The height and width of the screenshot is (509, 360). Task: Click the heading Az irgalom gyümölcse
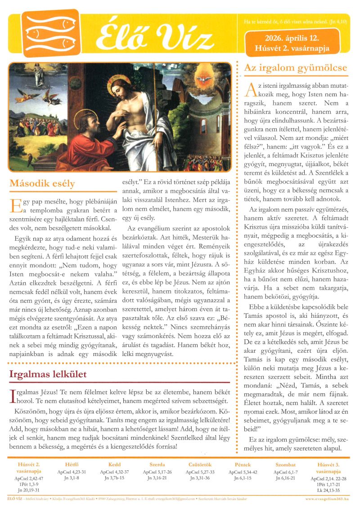(x=295, y=68)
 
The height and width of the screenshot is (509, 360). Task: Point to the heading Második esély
(x=42, y=184)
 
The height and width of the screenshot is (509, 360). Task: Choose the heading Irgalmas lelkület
(x=48, y=374)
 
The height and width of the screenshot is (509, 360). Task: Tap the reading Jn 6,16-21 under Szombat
(x=285, y=478)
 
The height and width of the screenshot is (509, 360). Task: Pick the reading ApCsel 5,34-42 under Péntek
(x=242, y=472)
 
